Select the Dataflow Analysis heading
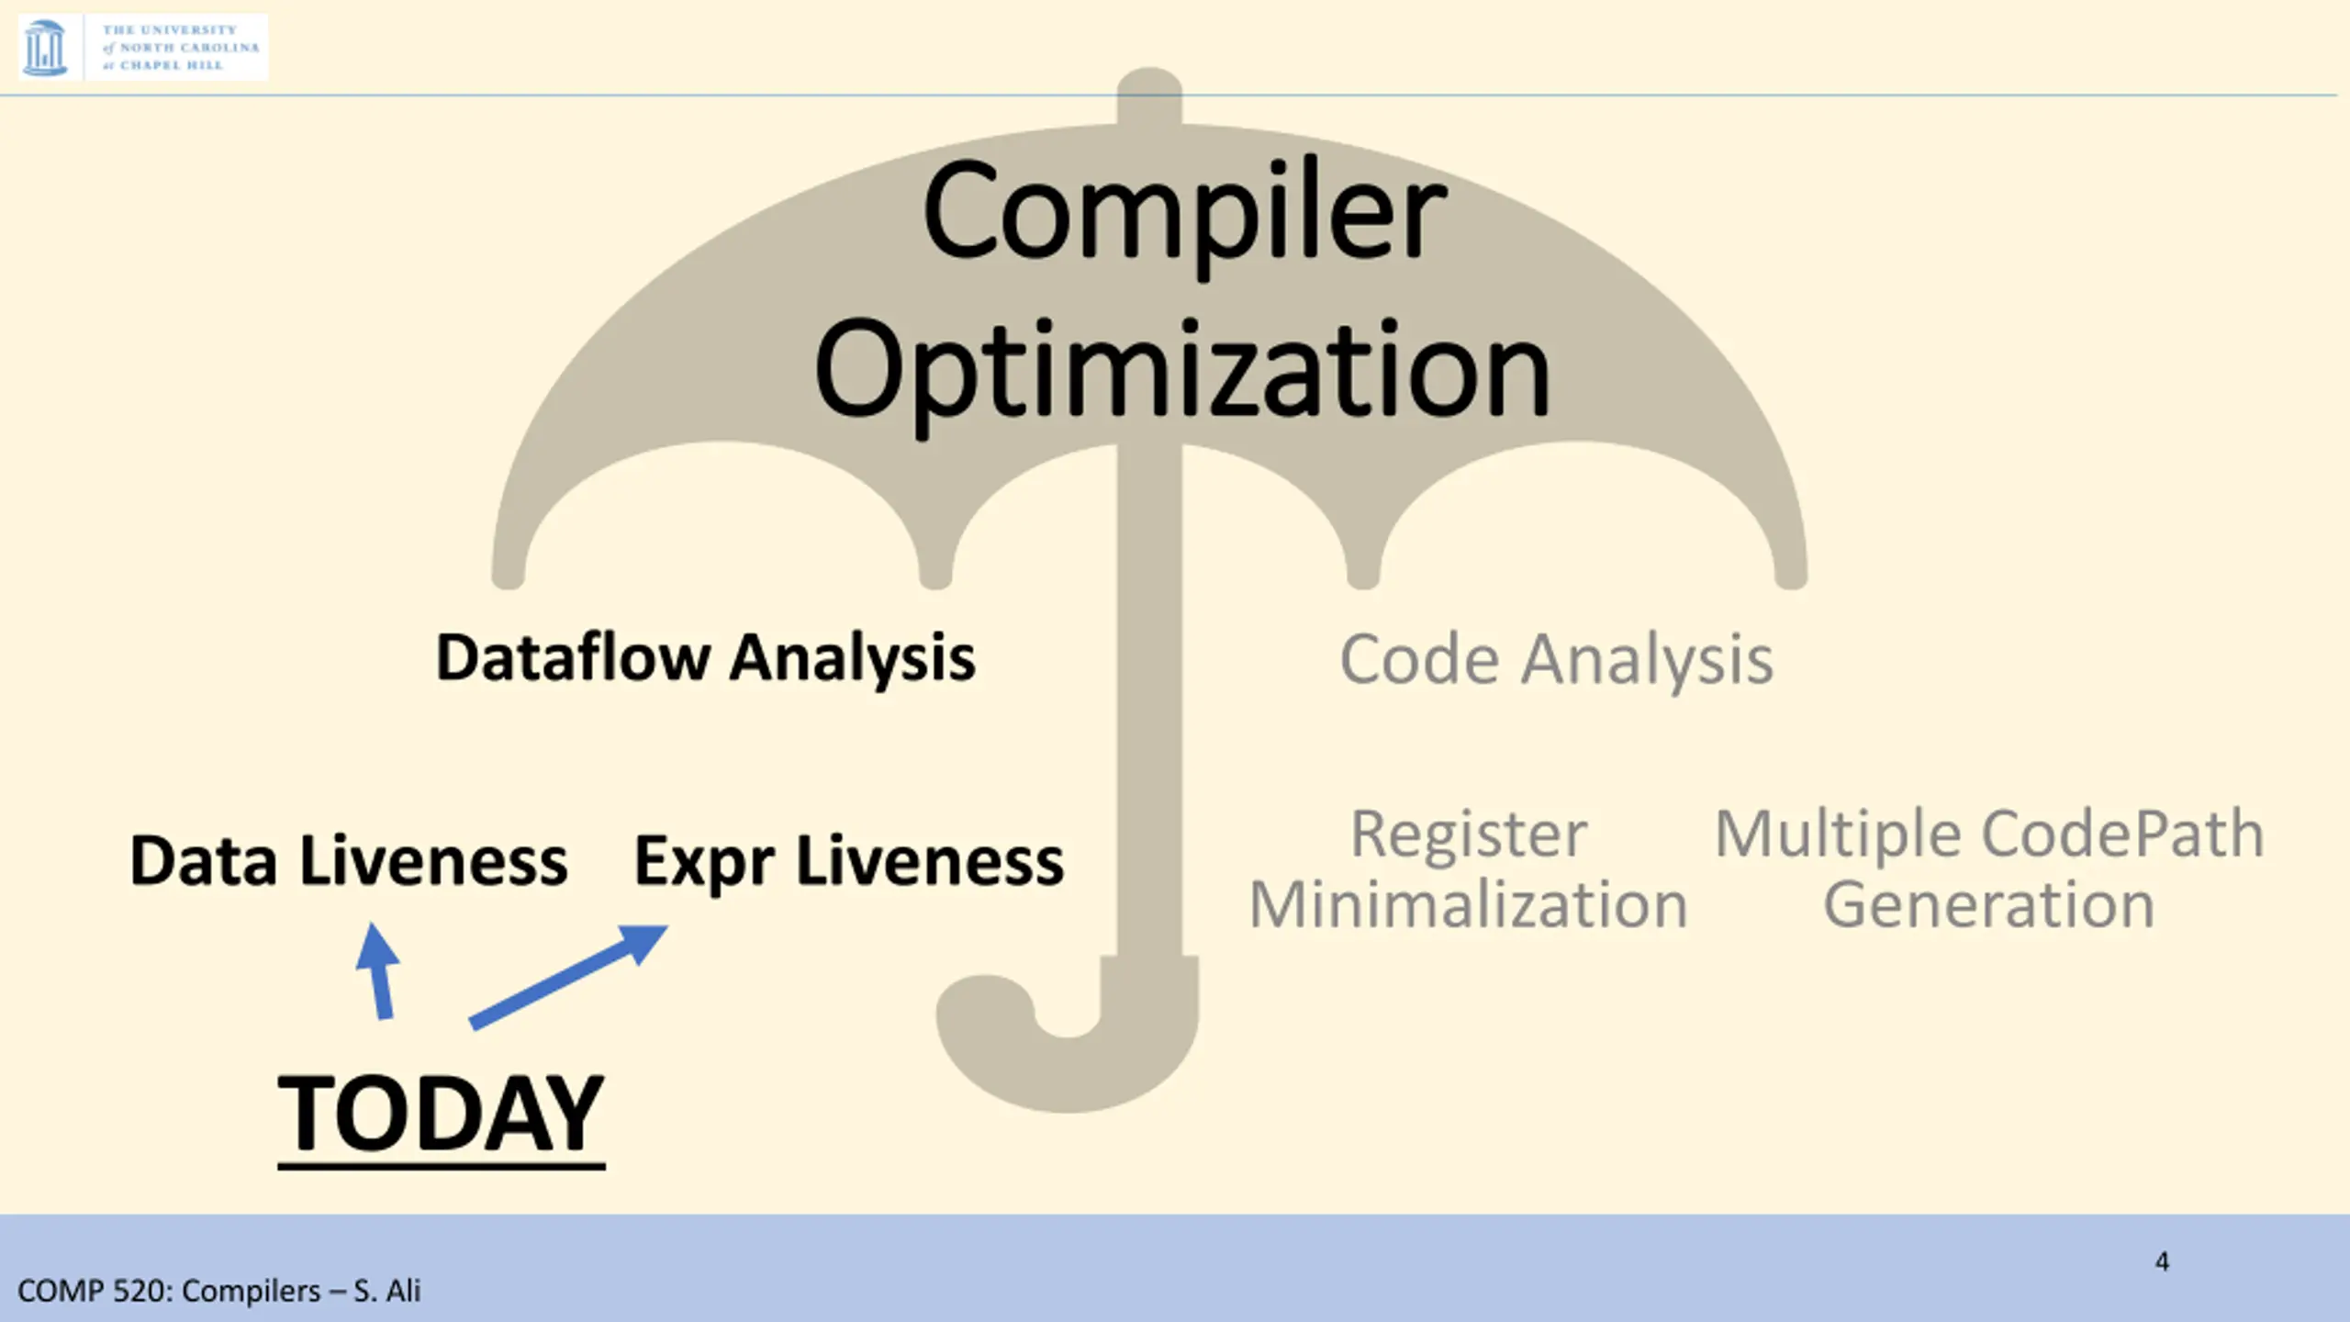tap(705, 658)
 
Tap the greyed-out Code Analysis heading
tap(1556, 660)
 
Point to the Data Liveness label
tap(349, 861)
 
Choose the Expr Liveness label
tap(849, 861)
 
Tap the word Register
tap(1469, 834)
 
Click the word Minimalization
tap(1469, 905)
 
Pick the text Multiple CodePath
tap(1989, 834)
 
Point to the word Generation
tap(1989, 905)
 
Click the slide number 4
tap(2162, 1261)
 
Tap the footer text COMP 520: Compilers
tap(170, 1291)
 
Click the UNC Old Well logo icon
tap(44, 48)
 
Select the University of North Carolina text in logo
tap(180, 48)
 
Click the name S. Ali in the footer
tap(386, 1291)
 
